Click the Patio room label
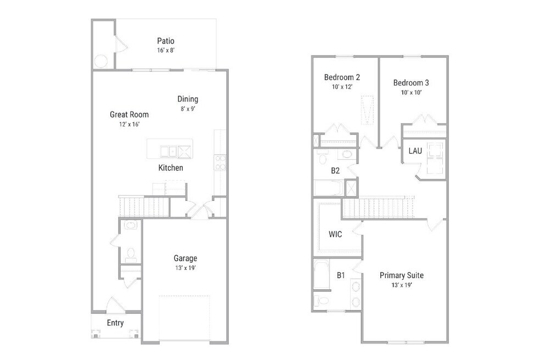point(166,41)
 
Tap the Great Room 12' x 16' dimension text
point(129,125)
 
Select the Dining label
point(188,99)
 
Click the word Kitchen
point(171,168)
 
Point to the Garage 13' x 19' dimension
point(185,268)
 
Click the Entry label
point(115,323)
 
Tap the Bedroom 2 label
point(342,77)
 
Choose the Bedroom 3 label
point(411,83)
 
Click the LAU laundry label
point(415,151)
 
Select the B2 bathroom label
point(335,171)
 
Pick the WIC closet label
point(335,234)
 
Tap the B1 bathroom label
point(341,275)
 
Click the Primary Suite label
point(402,275)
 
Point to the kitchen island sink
point(168,151)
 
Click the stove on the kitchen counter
point(220,162)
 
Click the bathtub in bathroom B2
point(328,188)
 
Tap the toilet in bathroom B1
point(322,301)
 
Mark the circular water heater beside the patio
point(101,61)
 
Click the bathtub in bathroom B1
point(322,275)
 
